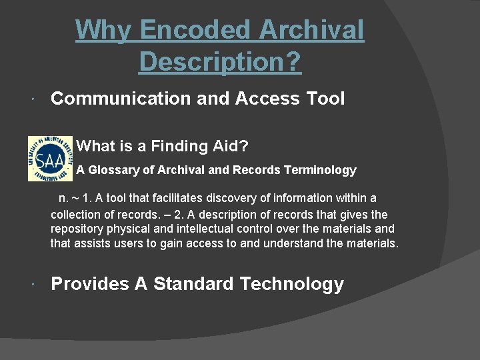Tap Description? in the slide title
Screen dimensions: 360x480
[220, 62]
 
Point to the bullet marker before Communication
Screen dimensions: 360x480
[33, 99]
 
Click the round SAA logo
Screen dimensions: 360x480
[50, 159]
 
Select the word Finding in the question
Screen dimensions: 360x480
[181, 145]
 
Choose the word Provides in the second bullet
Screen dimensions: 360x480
[90, 284]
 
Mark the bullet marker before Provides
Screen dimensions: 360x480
[33, 285]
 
